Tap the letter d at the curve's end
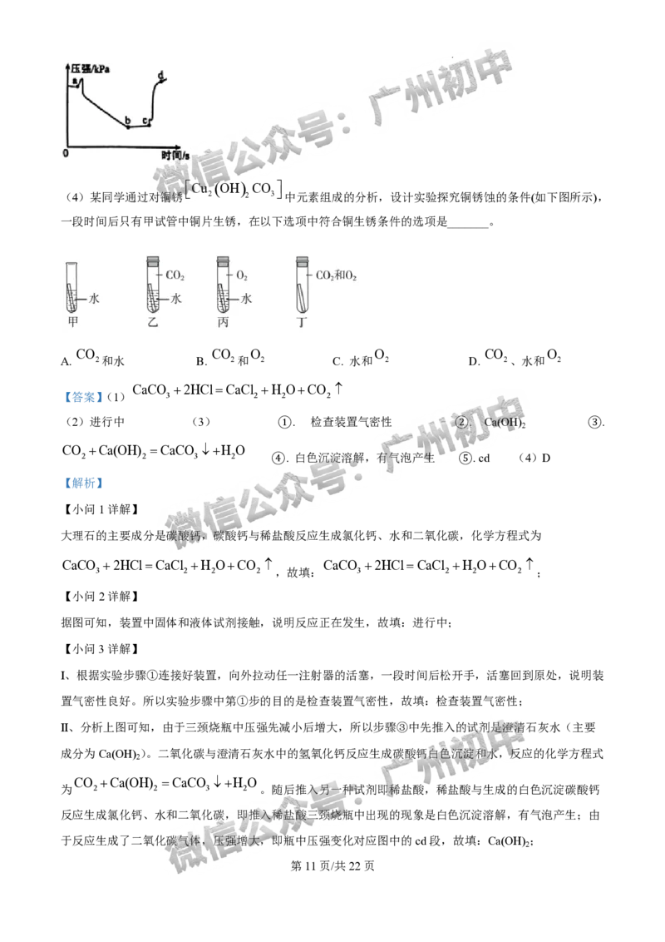coord(160,76)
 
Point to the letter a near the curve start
coord(74,81)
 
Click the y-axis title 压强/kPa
coord(91,66)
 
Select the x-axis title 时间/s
coord(175,155)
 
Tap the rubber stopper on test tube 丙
coord(222,261)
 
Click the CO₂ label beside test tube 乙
coord(175,274)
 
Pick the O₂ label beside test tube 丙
coord(242,274)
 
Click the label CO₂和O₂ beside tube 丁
coord(337,274)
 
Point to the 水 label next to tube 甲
coord(94,298)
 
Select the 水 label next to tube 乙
coord(175,298)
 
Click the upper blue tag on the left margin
coord(83,398)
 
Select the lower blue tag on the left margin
coord(83,483)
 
